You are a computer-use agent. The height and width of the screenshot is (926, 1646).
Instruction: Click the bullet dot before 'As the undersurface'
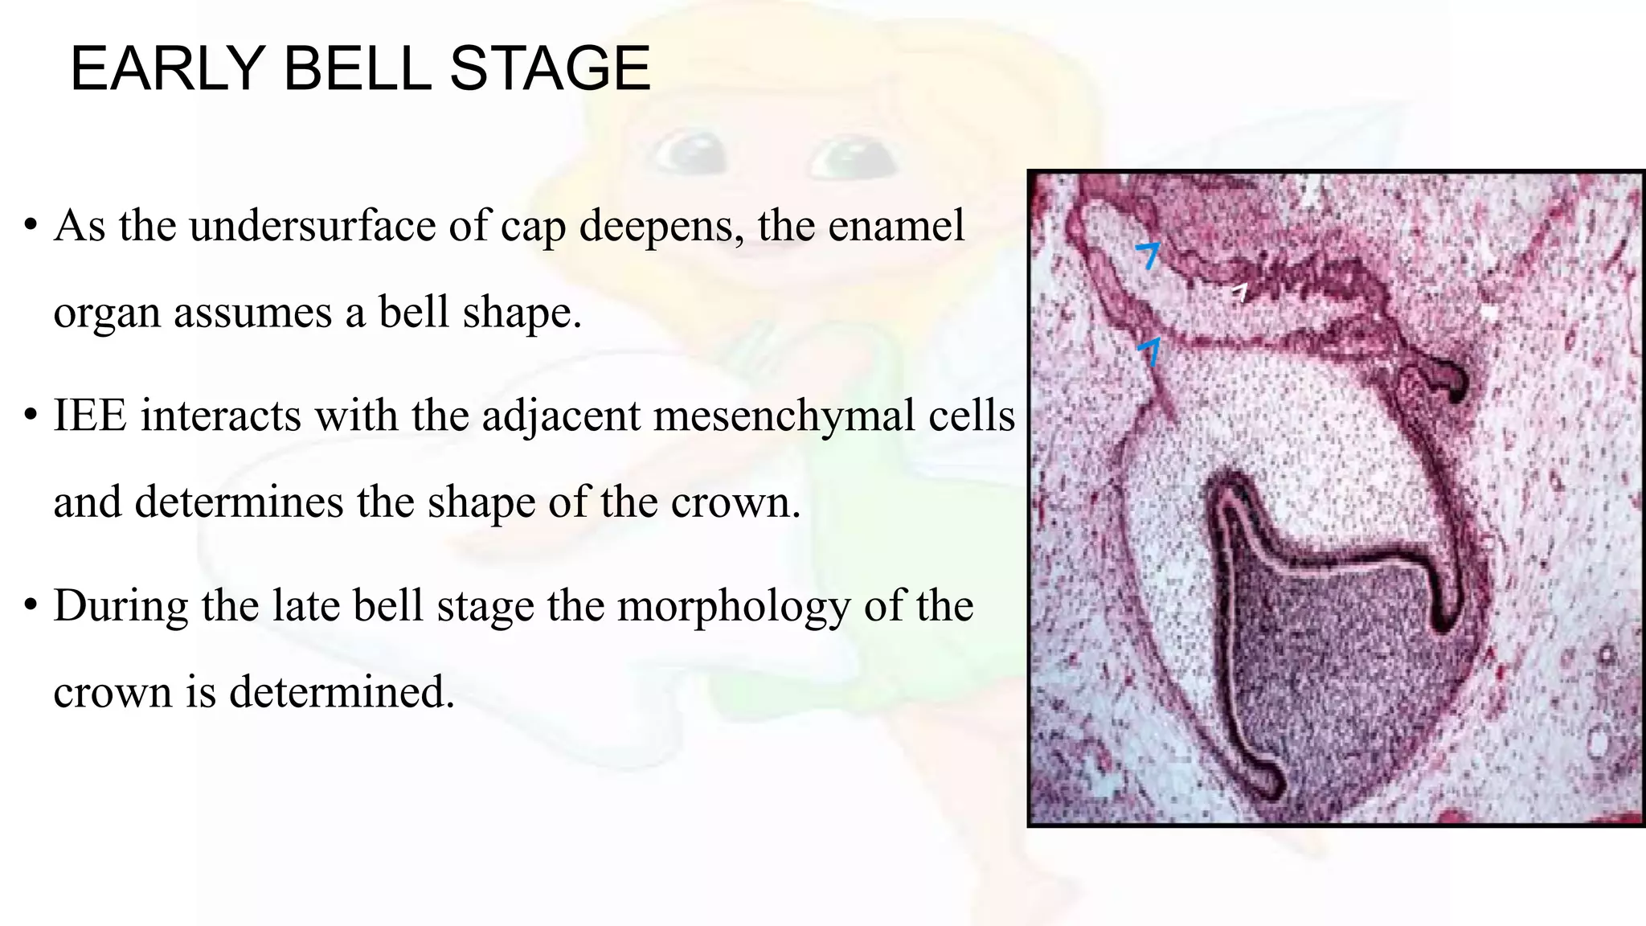[31, 224]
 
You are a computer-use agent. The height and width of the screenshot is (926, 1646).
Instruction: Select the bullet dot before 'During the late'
[31, 604]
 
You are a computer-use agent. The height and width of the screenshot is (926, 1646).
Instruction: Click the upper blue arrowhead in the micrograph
[1149, 254]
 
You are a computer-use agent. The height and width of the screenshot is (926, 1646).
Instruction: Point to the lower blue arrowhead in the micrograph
[1151, 350]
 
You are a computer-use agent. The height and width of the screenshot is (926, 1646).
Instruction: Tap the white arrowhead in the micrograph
[1240, 292]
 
